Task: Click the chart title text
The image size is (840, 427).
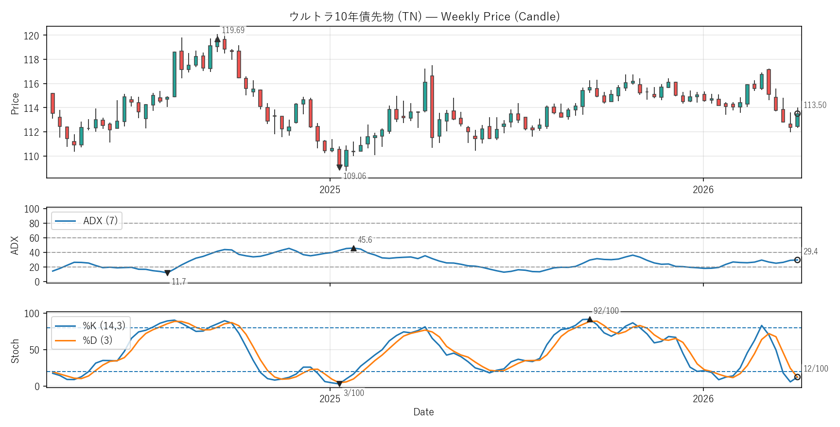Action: point(424,17)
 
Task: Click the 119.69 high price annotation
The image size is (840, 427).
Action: point(233,30)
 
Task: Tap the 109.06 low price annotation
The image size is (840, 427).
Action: point(354,176)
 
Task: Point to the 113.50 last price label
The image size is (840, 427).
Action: point(815,105)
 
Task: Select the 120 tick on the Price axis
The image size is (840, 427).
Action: point(32,36)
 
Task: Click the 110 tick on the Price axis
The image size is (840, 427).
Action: point(32,156)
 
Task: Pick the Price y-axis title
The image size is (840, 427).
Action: point(15,104)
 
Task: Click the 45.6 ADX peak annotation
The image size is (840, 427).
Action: point(365,240)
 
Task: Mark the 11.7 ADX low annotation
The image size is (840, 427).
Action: point(178,282)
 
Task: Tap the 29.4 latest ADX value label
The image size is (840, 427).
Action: point(810,251)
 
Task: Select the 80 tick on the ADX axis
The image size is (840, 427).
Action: point(34,224)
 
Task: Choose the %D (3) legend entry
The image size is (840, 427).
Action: point(97,340)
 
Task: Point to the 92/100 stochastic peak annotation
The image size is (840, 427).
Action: point(606,311)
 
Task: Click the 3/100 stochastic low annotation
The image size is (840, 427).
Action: point(353,393)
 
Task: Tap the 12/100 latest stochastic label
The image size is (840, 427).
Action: point(815,369)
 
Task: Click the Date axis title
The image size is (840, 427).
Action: point(423,412)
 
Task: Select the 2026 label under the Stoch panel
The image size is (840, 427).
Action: point(703,399)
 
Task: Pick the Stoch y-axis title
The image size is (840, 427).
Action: point(15,351)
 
